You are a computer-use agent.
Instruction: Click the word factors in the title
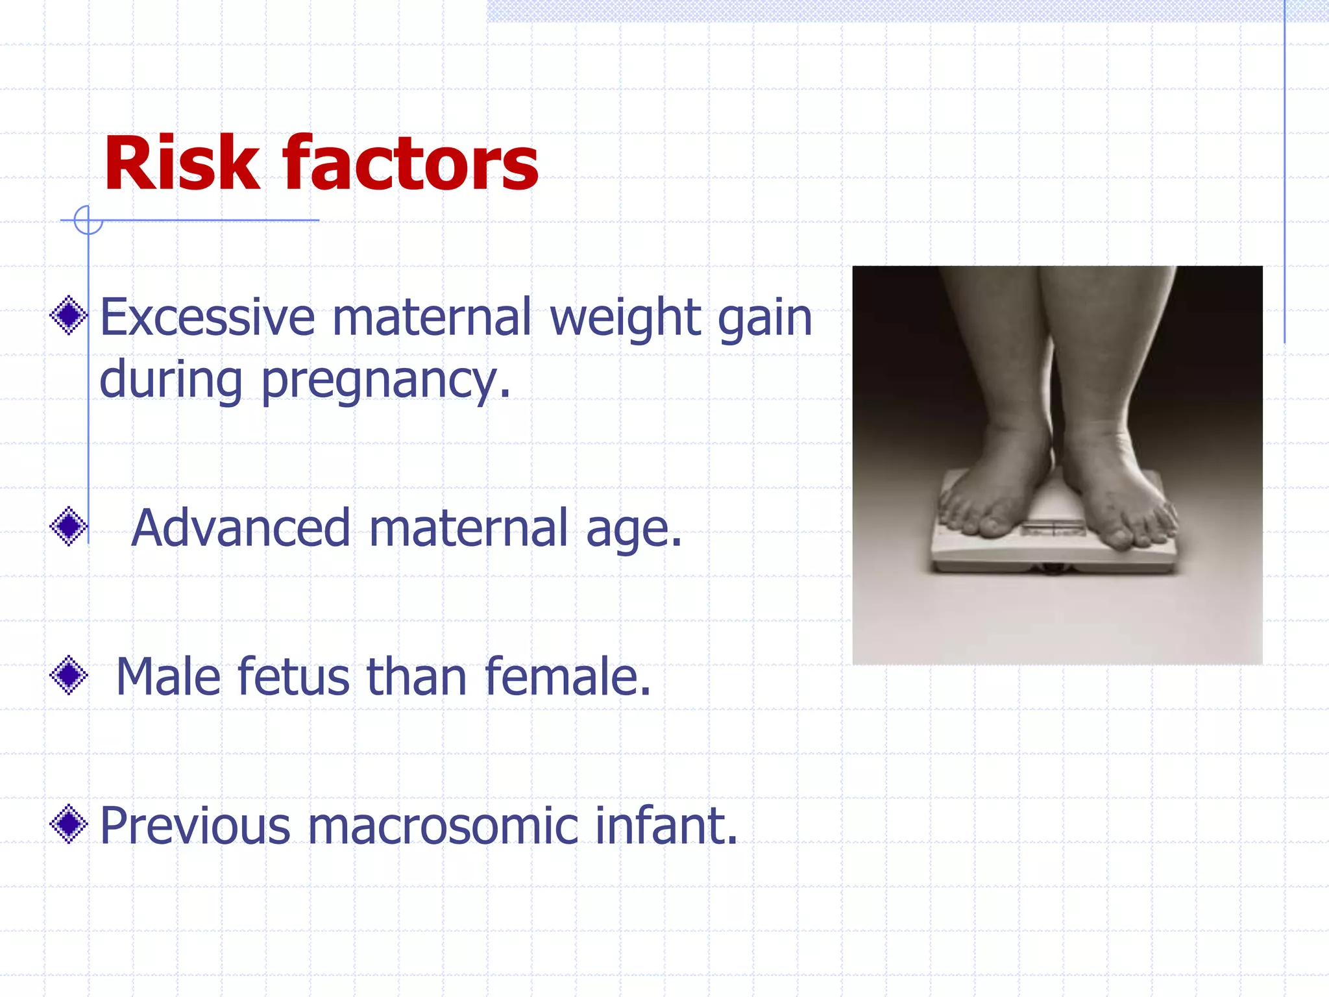[410, 164]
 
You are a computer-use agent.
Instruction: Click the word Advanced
[241, 528]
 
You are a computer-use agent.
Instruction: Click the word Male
[168, 677]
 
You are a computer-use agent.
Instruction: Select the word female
[567, 677]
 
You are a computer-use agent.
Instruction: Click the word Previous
[195, 826]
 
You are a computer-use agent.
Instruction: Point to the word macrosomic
[443, 826]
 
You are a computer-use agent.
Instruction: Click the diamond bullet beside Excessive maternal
[69, 315]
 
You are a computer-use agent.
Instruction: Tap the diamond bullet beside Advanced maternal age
[69, 526]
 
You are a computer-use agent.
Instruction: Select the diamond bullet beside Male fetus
[69, 676]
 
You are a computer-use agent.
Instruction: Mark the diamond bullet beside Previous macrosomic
[69, 824]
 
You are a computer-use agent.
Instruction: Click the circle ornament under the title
[88, 220]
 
